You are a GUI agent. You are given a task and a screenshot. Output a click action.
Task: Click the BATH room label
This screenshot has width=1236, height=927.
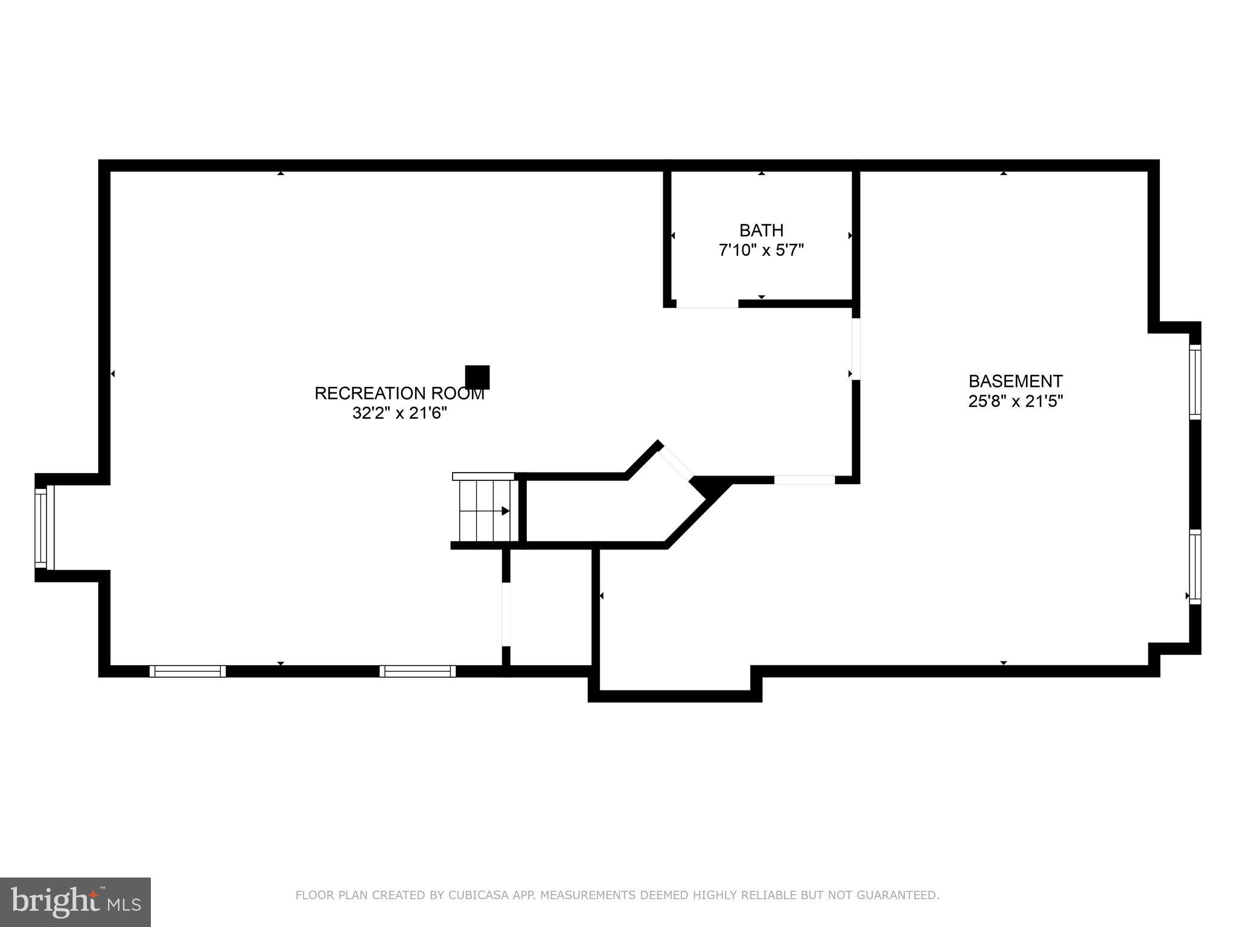point(761,231)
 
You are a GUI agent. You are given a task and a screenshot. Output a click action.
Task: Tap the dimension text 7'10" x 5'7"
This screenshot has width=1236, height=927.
point(761,250)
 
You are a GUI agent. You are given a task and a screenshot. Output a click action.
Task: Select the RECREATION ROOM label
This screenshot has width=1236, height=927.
point(399,393)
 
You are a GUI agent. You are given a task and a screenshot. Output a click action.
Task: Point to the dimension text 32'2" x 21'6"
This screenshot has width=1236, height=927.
point(399,413)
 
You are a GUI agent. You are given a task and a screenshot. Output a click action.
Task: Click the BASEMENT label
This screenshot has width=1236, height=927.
point(1015,381)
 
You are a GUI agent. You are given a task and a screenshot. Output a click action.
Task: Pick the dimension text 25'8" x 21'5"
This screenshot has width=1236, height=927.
point(1015,401)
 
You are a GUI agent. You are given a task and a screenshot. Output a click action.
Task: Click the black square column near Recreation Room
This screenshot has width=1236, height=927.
point(477,377)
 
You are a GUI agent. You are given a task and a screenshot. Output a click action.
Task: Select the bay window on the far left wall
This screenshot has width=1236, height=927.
point(42,527)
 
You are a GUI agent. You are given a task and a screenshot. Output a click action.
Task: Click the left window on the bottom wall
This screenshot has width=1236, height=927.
point(188,671)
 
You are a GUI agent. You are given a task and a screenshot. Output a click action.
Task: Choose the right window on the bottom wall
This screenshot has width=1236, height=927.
point(418,671)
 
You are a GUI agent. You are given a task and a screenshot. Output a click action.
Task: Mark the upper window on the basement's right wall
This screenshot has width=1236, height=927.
point(1195,381)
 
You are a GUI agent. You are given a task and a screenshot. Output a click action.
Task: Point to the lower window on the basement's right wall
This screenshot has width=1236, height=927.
point(1195,567)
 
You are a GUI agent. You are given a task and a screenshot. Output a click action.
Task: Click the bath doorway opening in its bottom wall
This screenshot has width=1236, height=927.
point(707,304)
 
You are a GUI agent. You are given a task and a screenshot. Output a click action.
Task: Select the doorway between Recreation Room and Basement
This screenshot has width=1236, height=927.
point(855,349)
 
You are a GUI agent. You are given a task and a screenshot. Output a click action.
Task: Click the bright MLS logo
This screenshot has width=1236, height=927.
point(75,902)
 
